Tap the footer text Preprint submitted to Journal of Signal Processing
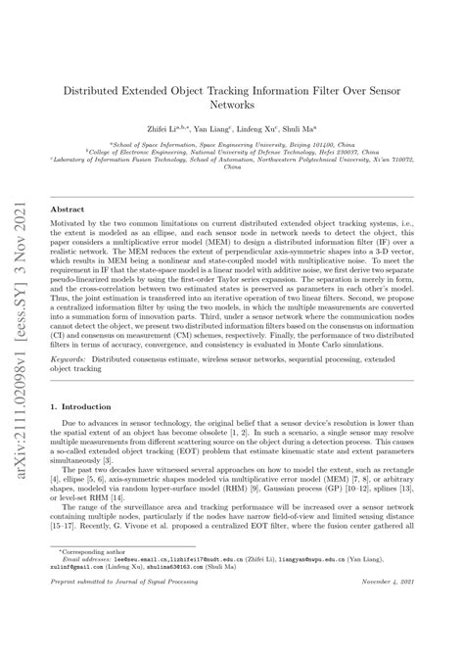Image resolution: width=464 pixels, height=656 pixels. [130, 635]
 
